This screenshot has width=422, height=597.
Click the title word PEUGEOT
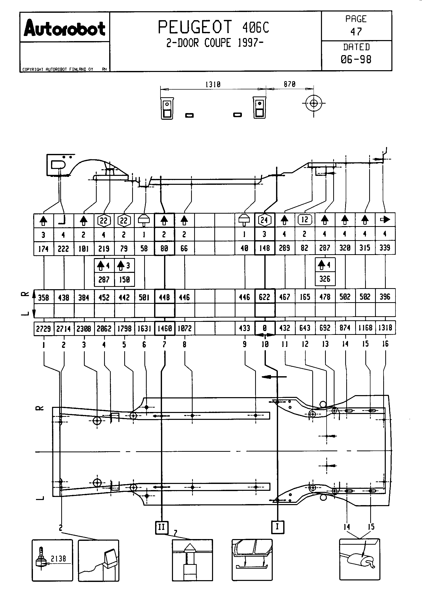coord(195,27)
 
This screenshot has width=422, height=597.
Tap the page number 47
coord(356,32)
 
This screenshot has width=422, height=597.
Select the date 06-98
coord(356,59)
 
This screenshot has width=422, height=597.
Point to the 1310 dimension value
coord(213,84)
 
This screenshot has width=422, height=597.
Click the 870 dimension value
coord(290,84)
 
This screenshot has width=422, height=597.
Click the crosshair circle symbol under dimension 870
coord(314,103)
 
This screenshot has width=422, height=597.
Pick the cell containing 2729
coord(43,329)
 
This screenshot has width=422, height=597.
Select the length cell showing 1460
coord(165,328)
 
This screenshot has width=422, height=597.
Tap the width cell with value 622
coord(265,297)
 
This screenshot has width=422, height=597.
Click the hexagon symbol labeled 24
coord(264,220)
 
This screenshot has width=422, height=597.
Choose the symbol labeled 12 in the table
coord(305,220)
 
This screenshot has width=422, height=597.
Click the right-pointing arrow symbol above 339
coord(385,220)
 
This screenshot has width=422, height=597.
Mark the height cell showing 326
coord(325,279)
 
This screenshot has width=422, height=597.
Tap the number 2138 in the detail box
coord(58,558)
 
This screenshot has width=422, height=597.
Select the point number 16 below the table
coord(385,344)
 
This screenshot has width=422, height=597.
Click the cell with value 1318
coord(385,328)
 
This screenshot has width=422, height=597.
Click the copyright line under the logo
coord(58,69)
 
